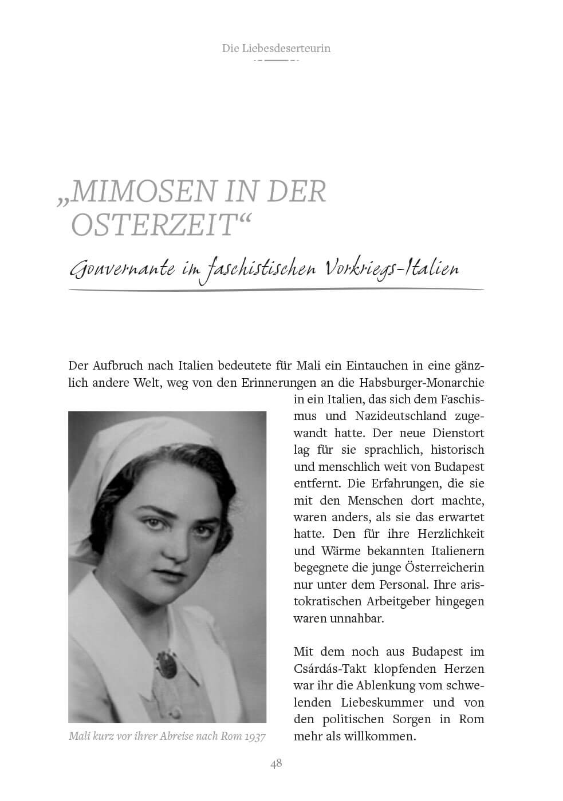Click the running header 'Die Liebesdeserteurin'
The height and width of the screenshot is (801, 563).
(276, 48)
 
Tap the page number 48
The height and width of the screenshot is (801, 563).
(276, 763)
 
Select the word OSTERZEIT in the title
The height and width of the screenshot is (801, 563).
(153, 225)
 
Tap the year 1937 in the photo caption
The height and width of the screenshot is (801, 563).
(254, 736)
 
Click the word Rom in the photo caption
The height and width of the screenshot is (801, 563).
(229, 736)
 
